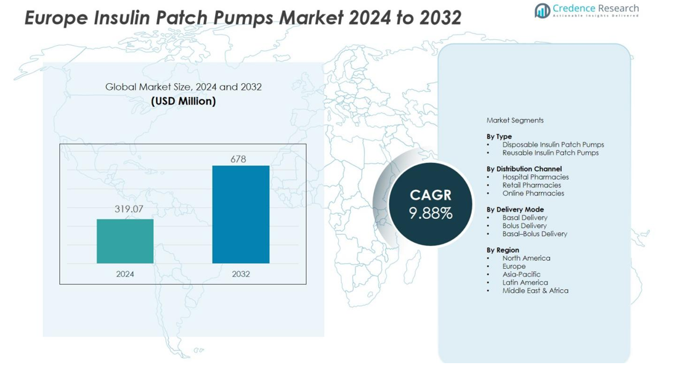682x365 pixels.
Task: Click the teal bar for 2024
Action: pos(125,241)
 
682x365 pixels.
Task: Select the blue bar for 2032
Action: pos(241,214)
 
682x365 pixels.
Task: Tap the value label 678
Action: pos(238,159)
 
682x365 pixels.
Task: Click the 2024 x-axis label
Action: pos(125,274)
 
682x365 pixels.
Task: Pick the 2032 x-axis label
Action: pos(241,274)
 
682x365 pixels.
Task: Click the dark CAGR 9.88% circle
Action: pos(431,204)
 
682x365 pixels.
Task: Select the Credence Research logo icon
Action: pos(542,10)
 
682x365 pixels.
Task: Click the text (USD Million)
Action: pos(184,101)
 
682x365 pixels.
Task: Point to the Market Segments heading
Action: pos(515,120)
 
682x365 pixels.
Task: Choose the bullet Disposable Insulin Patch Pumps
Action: pos(553,144)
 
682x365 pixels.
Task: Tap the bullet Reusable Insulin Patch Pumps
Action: pos(550,152)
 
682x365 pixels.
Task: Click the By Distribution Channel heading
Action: pos(524,168)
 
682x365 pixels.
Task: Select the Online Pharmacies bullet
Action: pos(533,193)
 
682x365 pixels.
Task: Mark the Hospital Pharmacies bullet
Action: pos(535,177)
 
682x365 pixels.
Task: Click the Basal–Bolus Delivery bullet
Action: pos(535,234)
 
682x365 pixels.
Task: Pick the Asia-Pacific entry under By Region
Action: pos(521,274)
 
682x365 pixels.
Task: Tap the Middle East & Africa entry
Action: pos(535,290)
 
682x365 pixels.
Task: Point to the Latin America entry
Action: pos(525,282)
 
